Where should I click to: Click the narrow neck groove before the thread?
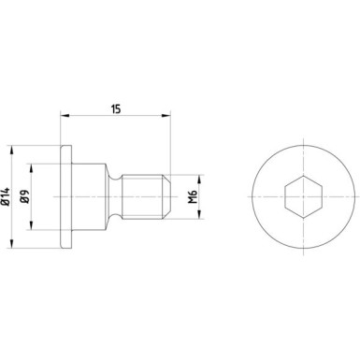click(117, 196)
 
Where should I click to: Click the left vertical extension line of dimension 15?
click(60, 131)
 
